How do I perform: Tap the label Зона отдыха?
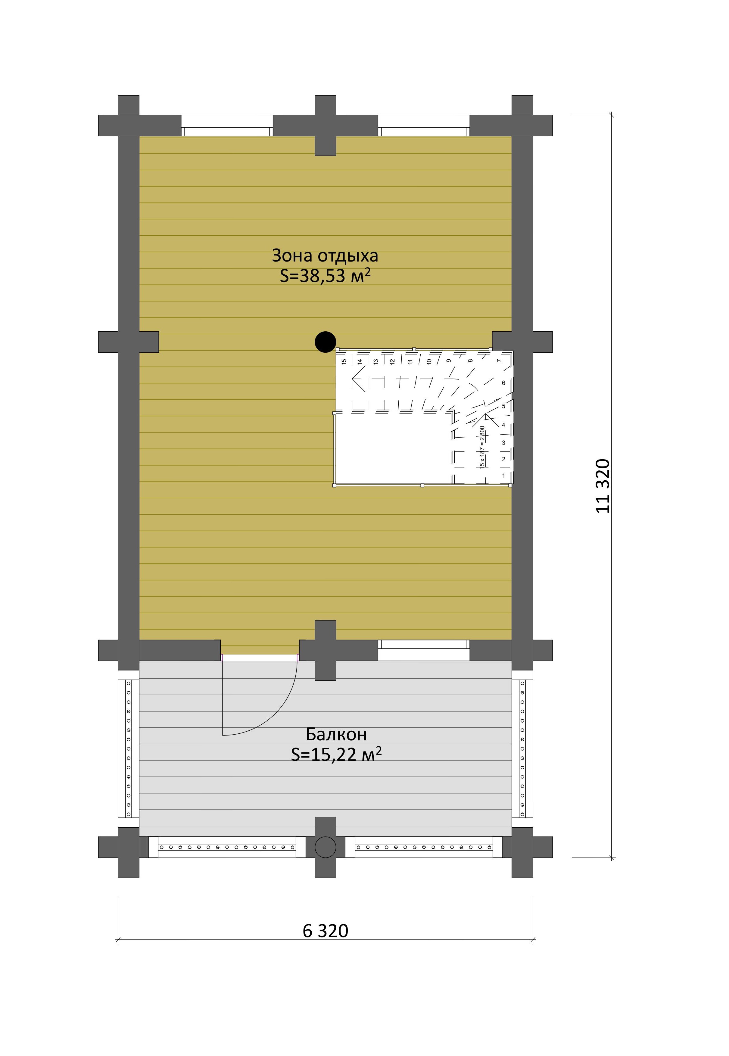point(325,256)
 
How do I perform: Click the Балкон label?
point(336,734)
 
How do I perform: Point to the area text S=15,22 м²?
point(336,754)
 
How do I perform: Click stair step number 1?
point(504,476)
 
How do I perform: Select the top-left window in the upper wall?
point(227,125)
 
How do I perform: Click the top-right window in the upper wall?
point(424,125)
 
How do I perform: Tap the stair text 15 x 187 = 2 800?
point(482,447)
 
